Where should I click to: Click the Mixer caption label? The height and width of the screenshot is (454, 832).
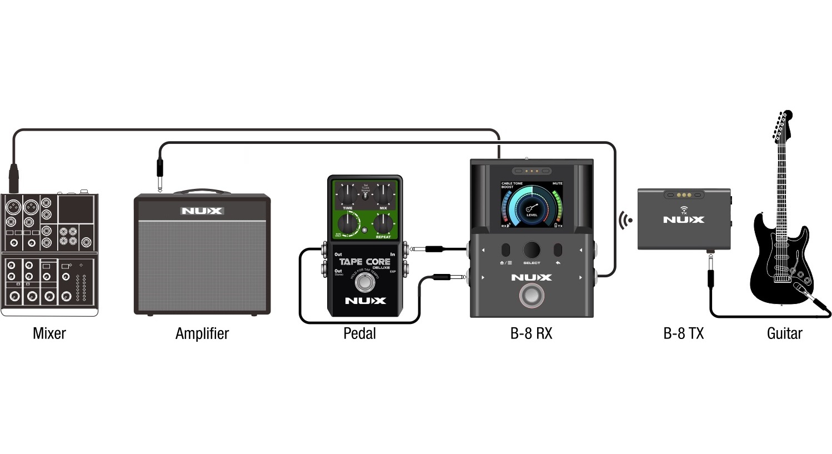(x=49, y=333)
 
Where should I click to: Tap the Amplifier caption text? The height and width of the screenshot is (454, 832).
(x=202, y=333)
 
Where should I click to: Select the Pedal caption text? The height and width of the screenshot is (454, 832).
(x=359, y=333)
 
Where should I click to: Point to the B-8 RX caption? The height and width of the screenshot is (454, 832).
(x=531, y=333)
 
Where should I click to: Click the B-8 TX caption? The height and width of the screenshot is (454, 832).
(x=683, y=333)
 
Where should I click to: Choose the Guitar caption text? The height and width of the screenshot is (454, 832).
(x=784, y=333)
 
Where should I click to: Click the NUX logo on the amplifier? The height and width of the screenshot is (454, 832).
(x=202, y=211)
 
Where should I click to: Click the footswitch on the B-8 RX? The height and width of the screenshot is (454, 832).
(x=532, y=296)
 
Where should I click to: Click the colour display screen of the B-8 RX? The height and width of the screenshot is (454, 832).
(x=532, y=204)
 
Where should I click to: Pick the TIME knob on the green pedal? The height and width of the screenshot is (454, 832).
(x=347, y=194)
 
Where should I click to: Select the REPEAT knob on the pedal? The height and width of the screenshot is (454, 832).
(x=383, y=223)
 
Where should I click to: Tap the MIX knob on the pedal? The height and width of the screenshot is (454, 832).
(x=383, y=194)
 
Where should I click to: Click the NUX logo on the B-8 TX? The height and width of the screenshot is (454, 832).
(x=683, y=220)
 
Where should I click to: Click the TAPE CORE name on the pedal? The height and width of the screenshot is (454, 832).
(x=364, y=262)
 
